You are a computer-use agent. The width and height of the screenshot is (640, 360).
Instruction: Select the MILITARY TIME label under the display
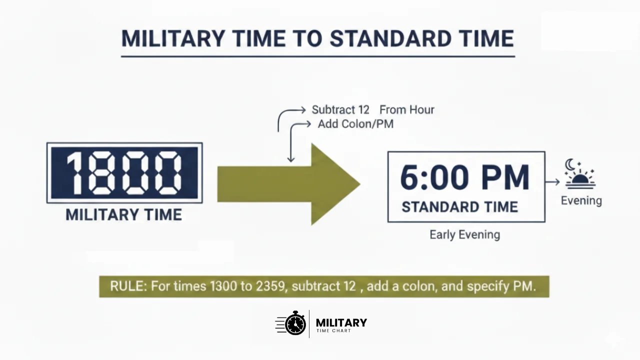coord(123,215)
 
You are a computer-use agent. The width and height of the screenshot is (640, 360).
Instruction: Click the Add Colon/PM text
coord(355,124)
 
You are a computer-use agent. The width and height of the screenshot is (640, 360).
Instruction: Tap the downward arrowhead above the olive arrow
coord(291,159)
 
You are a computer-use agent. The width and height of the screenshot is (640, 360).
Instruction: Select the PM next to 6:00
coord(504,177)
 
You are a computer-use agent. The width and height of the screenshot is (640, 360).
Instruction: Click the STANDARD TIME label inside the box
coord(459,207)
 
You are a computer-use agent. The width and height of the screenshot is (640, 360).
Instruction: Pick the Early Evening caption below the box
coord(464,234)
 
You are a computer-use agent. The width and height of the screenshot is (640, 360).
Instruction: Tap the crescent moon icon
coord(570,164)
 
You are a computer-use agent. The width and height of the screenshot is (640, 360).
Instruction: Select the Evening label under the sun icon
coord(581,200)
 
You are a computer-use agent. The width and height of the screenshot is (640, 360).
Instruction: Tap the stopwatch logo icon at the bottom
coord(295,323)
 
